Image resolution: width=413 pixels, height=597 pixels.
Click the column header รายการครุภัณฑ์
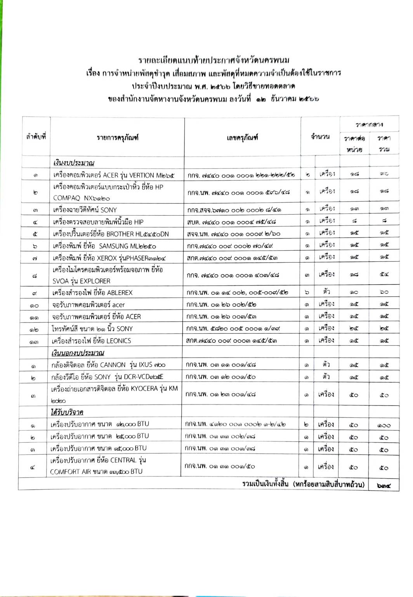point(117,137)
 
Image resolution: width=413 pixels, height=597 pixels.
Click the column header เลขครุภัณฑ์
point(242,137)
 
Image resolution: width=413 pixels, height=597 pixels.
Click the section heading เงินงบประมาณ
point(74,162)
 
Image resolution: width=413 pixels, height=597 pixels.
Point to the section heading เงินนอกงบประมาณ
point(78,353)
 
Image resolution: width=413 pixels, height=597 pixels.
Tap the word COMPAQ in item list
point(66,198)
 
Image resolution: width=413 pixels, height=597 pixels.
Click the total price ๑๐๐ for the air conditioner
point(383,425)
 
